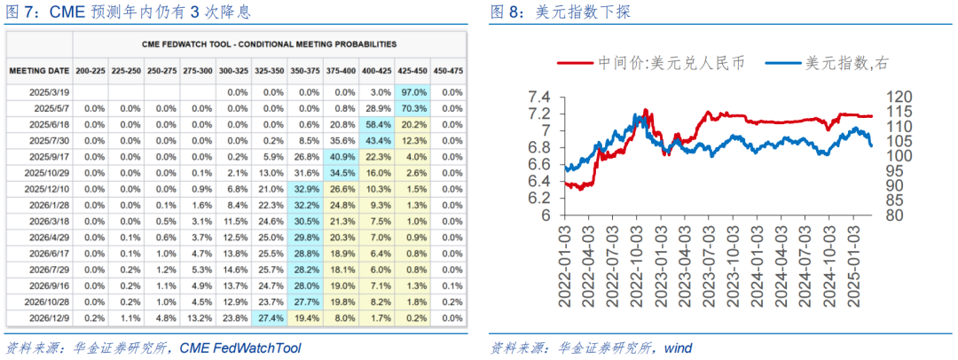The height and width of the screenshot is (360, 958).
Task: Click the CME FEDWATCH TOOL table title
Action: coord(269,43)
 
